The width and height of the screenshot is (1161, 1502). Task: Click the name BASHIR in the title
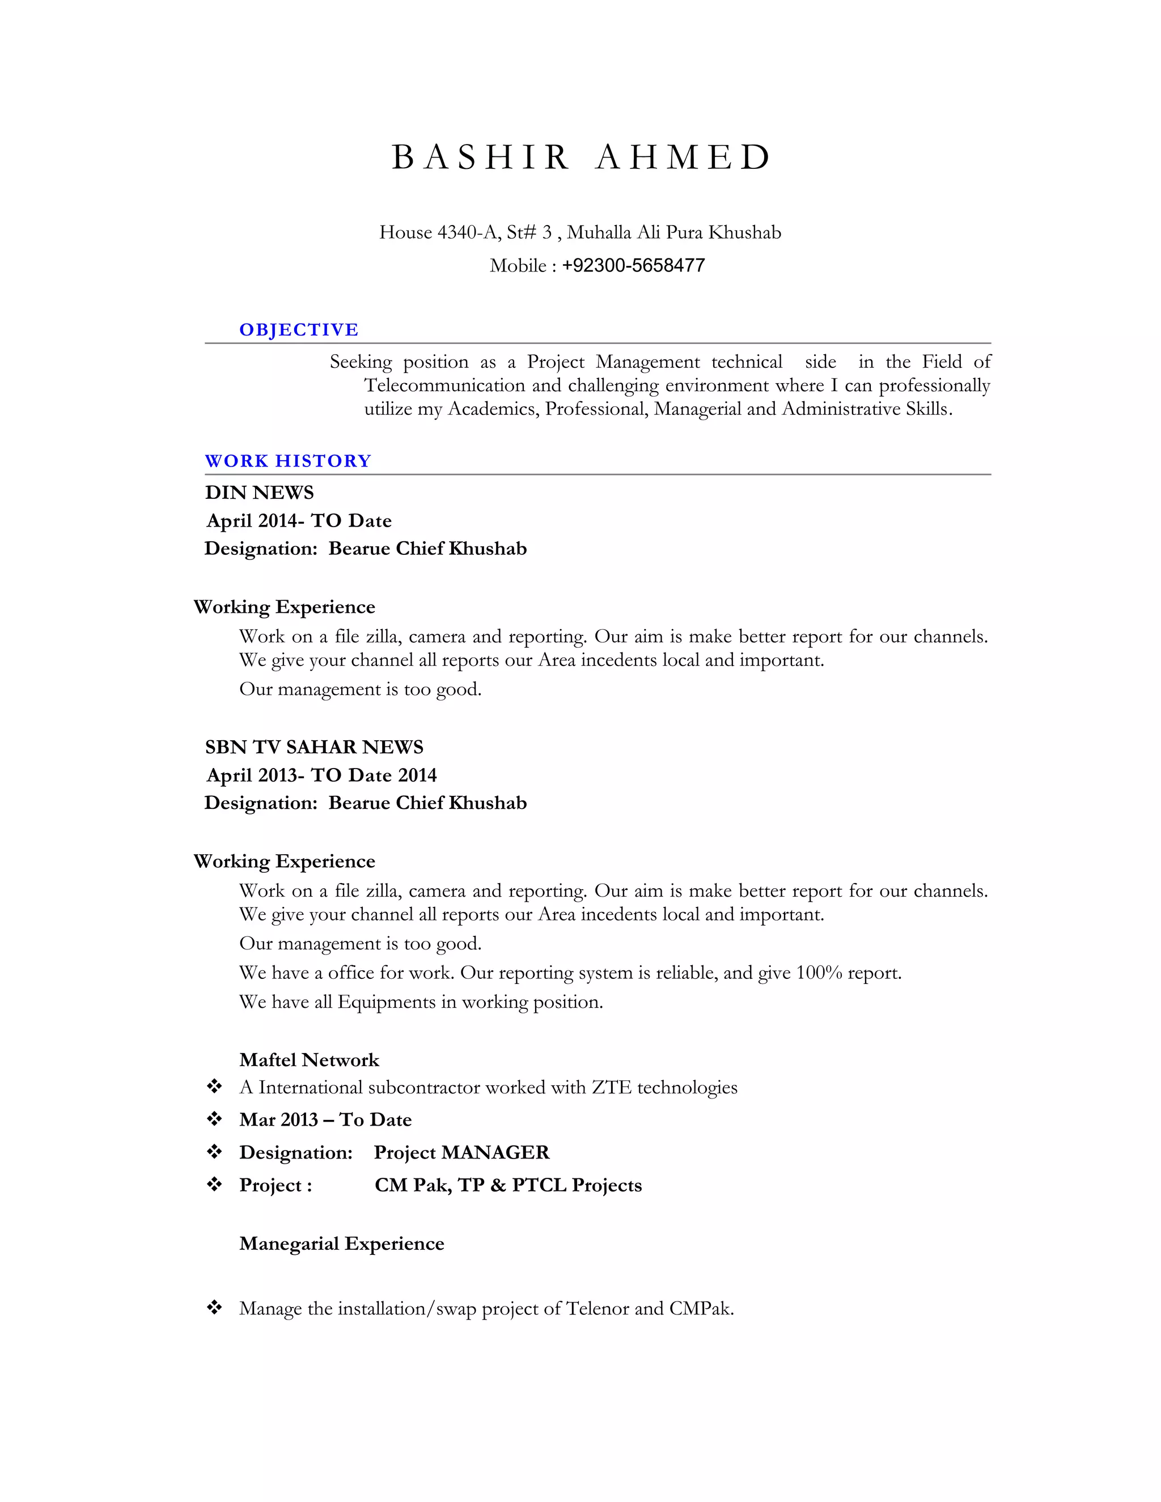480,158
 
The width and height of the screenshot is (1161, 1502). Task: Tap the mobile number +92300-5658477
633,265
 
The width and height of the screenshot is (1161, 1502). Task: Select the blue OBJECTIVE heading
299,330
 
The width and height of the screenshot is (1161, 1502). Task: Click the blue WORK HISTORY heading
287,461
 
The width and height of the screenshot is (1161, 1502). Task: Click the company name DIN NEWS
259,493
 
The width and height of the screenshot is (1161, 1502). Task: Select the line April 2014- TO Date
299,521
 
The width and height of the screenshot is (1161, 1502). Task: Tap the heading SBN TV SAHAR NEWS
313,747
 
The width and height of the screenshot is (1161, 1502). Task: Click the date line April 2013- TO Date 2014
321,775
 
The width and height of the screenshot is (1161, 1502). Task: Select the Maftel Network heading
309,1060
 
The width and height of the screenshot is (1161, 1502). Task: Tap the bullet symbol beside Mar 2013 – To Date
215,1119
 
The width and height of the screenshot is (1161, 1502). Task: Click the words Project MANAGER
461,1152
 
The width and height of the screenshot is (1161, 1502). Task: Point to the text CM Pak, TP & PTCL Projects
507,1185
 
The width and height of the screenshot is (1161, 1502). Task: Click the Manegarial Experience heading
341,1244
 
